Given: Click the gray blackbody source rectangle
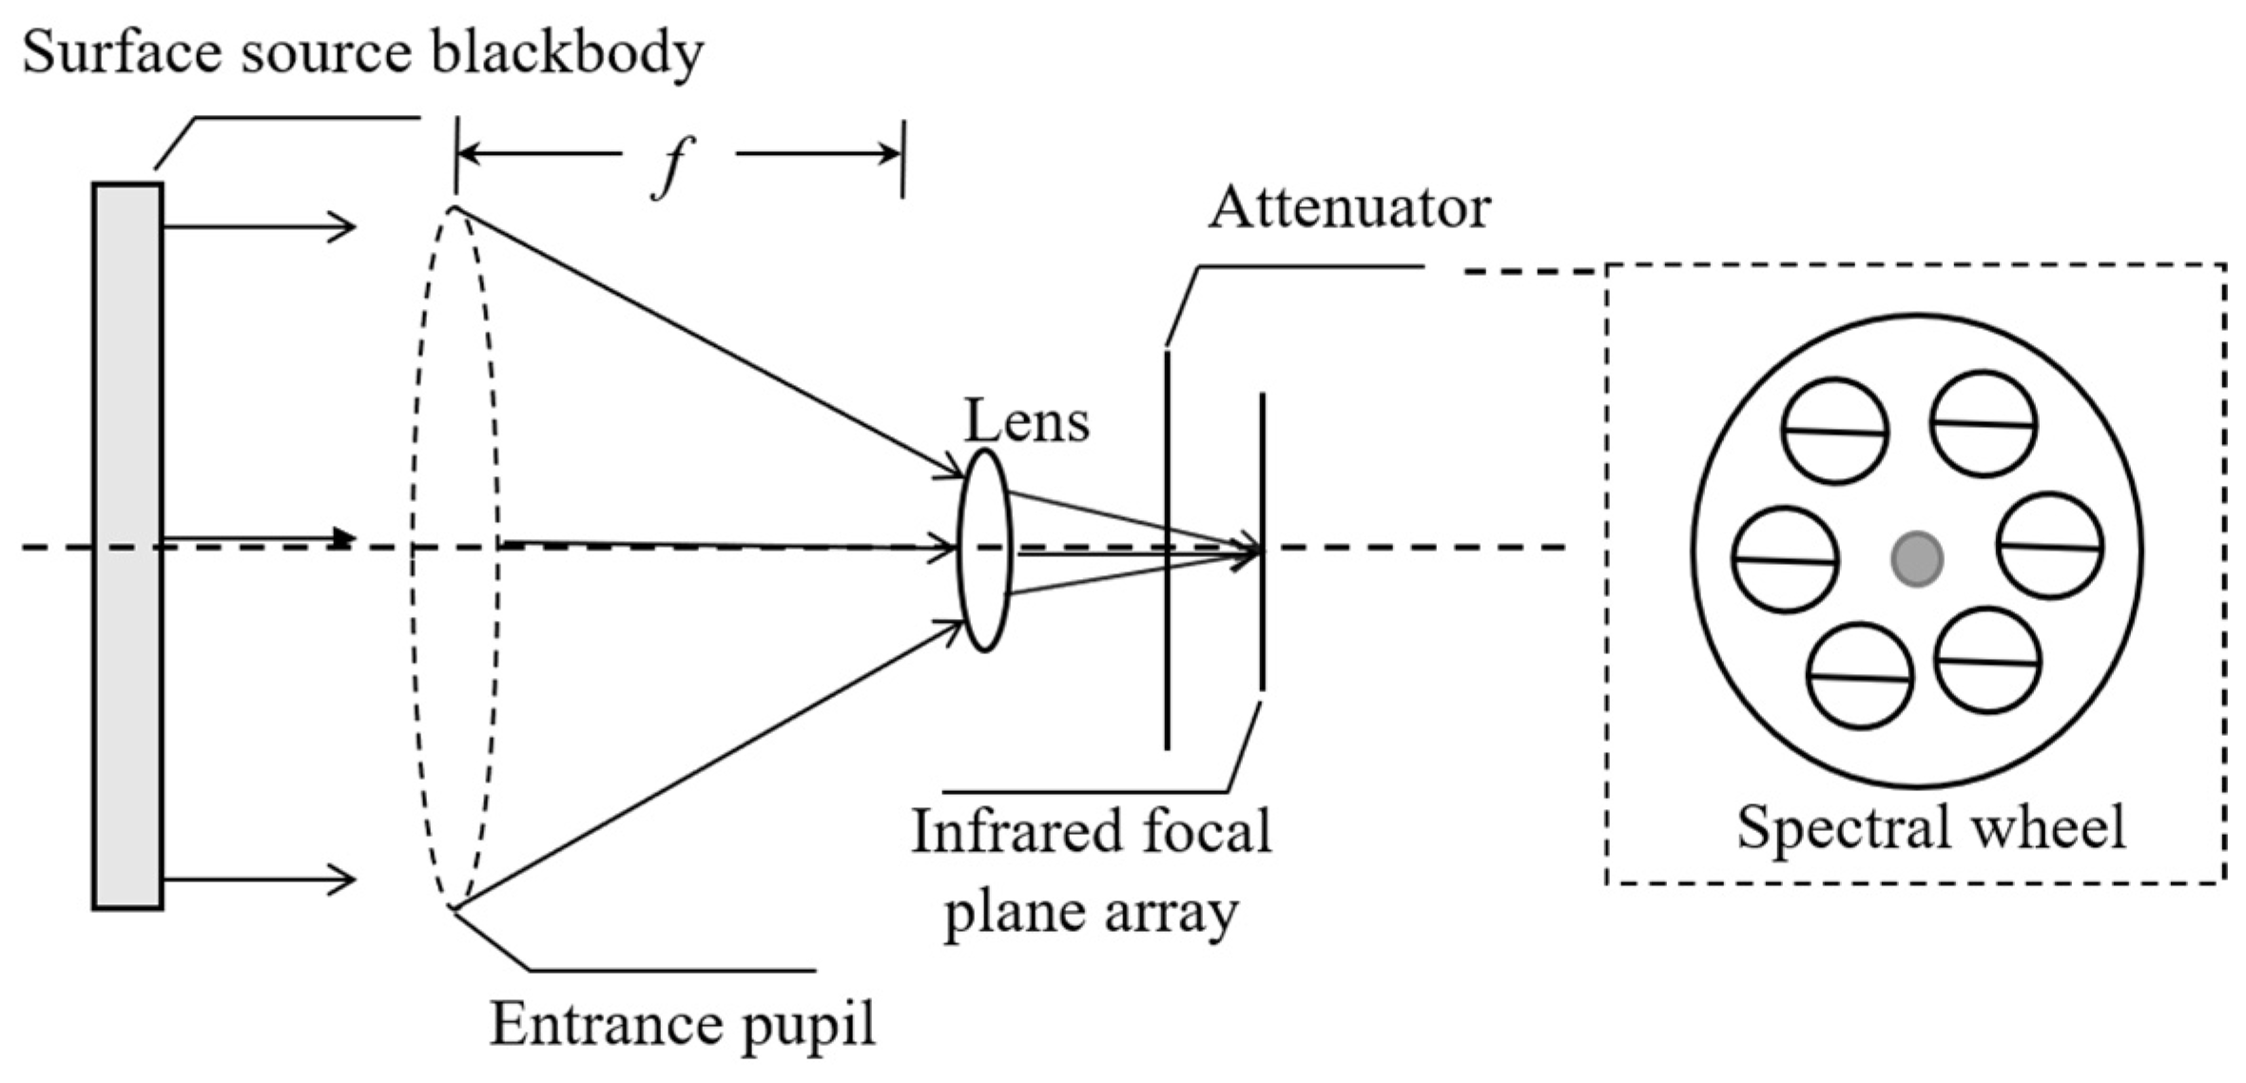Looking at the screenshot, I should pos(127,547).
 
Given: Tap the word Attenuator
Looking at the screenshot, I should pos(1348,208).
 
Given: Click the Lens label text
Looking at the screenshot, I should pos(1026,420).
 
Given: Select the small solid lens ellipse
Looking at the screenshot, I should pos(984,551).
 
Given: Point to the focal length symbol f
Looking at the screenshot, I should pos(672,166).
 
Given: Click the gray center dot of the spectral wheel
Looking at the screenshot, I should pos(1916,558).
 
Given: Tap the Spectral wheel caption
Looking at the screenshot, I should pos(1930,826).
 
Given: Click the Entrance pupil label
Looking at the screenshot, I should pos(682,1025).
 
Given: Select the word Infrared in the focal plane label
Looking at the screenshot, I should pos(1010,832).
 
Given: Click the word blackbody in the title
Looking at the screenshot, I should pos(567,52).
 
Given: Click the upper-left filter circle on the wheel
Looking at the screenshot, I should pos(1834,431).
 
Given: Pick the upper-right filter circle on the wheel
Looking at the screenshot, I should pos(1984,424).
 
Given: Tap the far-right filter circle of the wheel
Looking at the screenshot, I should pos(2049,546).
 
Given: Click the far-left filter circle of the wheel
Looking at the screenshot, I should pos(1785,560).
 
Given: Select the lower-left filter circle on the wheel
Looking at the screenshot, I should pos(1859,676).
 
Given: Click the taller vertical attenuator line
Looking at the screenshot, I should pos(1167,550).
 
